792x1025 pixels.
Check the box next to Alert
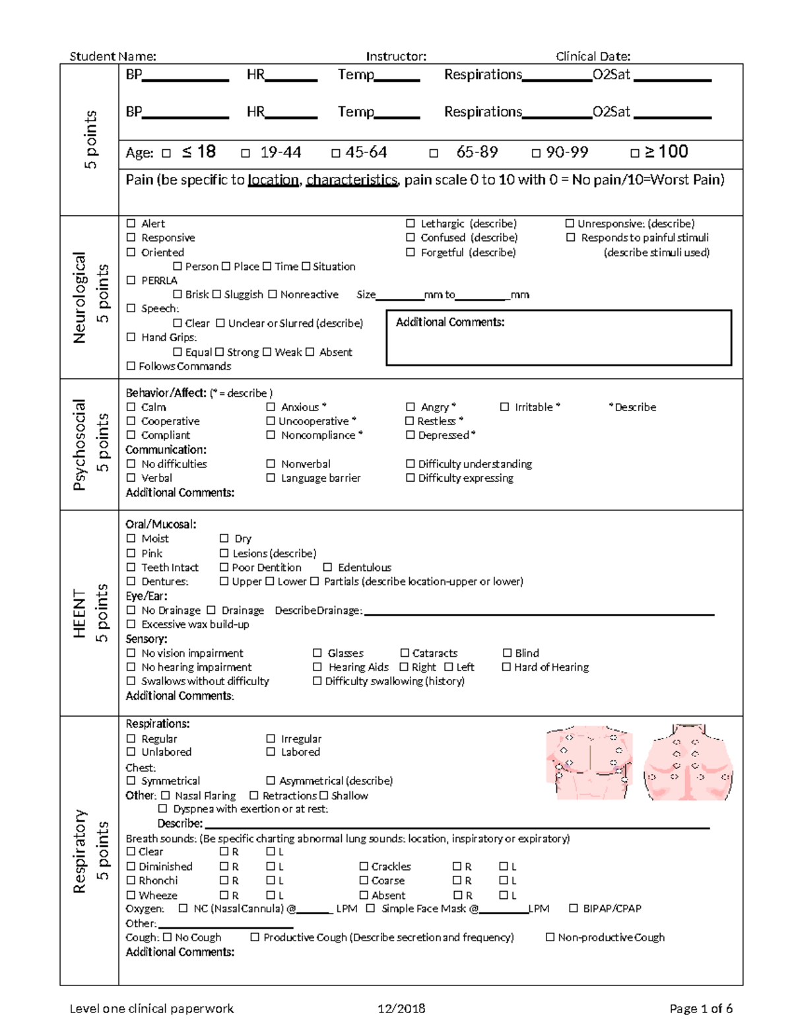point(131,224)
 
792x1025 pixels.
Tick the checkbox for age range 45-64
point(336,153)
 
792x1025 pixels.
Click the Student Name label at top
point(113,56)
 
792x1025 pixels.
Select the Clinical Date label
point(593,56)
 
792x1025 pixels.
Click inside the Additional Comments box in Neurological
point(558,343)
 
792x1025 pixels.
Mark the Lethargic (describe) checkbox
point(411,224)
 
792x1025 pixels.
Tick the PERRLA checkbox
point(131,281)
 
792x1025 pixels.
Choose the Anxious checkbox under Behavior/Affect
point(271,407)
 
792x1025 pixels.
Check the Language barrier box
point(271,478)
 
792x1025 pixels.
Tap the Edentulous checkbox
point(328,568)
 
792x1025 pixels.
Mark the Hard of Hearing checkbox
point(506,667)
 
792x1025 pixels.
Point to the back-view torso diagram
point(688,762)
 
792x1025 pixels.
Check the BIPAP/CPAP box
point(574,909)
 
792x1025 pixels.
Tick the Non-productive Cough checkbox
point(550,937)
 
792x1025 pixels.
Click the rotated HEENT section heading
point(80,613)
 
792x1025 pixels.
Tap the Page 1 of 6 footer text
point(700,1008)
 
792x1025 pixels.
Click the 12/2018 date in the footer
point(401,1008)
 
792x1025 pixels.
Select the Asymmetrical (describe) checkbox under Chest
point(271,781)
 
